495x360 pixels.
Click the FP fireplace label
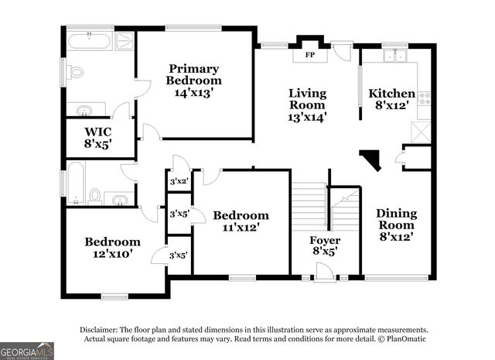309,55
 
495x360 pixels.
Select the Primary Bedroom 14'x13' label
195,80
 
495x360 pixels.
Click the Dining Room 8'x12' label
396,225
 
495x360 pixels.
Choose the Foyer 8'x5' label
325,245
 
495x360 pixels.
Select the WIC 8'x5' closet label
99,136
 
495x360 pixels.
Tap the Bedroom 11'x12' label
241,221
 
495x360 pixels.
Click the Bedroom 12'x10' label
113,247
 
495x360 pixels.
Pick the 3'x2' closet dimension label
178,182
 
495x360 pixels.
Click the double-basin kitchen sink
395,55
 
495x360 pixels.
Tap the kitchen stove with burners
424,99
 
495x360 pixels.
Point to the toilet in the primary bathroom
75,72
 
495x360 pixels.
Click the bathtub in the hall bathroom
75,182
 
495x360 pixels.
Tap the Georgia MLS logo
27,351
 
